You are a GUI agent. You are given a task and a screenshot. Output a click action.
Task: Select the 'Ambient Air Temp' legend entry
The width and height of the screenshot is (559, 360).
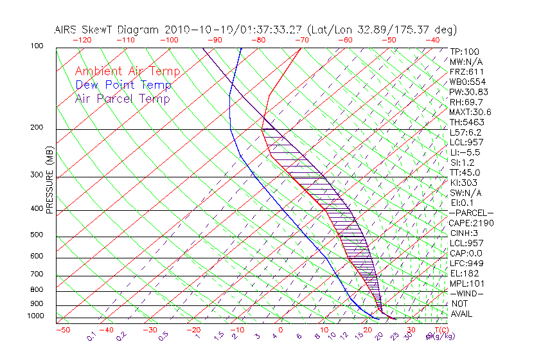coord(127,71)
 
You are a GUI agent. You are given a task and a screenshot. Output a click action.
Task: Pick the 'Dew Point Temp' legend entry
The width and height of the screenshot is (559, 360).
coord(123,85)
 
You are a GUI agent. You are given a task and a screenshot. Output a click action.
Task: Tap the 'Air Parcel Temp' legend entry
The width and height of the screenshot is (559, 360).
coord(122,98)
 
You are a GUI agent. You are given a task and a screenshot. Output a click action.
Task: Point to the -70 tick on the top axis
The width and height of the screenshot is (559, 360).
coord(301,40)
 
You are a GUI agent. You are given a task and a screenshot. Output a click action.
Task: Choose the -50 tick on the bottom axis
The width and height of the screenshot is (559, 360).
coord(62,330)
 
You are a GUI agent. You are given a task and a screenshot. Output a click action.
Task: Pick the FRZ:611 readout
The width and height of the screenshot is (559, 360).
coord(466,71)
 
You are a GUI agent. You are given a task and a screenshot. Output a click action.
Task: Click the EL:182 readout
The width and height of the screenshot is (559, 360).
coord(463,273)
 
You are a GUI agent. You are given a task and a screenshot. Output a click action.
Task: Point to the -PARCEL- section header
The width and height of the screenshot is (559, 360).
coord(471,213)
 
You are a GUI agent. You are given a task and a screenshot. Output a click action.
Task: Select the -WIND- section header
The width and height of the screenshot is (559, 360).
coord(467,293)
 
